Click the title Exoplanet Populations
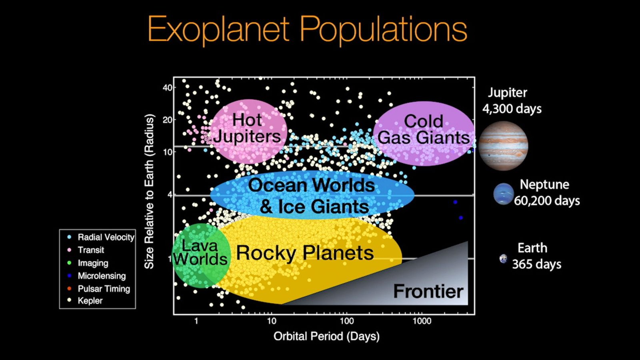307,30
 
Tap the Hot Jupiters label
248,128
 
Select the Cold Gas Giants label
424,130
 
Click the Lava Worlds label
200,252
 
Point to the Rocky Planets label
305,253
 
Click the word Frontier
428,292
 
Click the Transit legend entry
86,250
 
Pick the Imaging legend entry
88,263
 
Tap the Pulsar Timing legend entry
98,289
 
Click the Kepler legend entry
85,300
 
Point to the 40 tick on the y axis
168,88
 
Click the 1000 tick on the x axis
422,321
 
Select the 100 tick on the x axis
346,321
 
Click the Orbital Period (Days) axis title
326,336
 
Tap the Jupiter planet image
503,146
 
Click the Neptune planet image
504,194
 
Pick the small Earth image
503,259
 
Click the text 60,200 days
547,200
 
